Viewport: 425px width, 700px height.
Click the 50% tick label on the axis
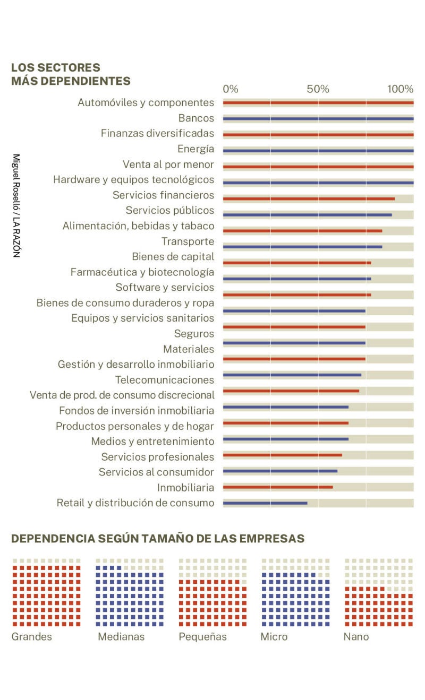318,89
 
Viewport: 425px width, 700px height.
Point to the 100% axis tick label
400,89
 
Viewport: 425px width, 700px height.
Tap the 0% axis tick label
231,89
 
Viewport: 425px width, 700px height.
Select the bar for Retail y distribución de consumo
265,503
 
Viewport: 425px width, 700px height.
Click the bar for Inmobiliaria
278,487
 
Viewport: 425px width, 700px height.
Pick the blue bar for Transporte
302,247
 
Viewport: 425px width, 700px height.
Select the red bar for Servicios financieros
309,199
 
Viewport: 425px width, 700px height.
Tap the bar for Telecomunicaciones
292,375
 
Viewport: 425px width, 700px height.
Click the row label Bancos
196,118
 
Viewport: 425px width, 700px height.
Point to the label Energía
195,149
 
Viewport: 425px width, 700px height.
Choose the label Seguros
194,334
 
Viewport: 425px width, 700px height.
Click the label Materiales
189,349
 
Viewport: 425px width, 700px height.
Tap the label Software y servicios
165,288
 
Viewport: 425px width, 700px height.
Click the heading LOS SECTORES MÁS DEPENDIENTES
71,74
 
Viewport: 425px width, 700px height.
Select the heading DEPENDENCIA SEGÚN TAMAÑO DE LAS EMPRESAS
158,539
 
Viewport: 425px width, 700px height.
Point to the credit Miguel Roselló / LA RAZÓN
16,205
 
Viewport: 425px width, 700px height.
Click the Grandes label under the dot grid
32,637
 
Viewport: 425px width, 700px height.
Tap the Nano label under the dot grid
356,637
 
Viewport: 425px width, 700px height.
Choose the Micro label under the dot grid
274,637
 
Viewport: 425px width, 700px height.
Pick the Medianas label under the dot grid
121,637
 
